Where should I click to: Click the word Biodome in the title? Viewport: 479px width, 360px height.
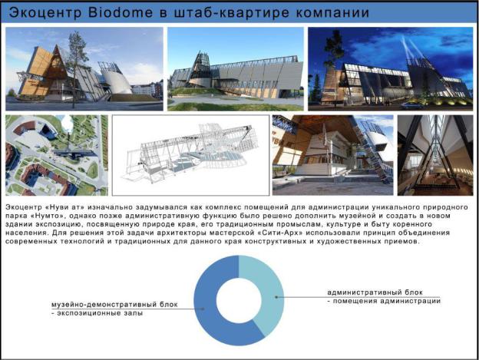(120, 12)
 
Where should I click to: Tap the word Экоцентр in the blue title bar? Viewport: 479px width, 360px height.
(45, 13)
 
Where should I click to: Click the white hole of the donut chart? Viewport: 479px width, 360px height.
(239, 300)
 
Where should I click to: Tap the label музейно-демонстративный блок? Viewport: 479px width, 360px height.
(114, 305)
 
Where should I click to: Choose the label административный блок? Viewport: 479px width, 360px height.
(375, 292)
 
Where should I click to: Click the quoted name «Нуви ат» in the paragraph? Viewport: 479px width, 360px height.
(64, 207)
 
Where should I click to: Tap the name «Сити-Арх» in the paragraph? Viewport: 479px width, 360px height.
(276, 233)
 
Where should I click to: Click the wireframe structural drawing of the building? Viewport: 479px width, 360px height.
(190, 155)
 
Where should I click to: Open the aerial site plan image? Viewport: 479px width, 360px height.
(57, 155)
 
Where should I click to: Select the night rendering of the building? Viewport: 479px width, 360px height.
(391, 69)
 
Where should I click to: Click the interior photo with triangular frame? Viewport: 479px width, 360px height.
(435, 155)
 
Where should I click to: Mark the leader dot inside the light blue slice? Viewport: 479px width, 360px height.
(276, 297)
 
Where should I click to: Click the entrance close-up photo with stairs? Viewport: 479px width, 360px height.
(332, 155)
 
